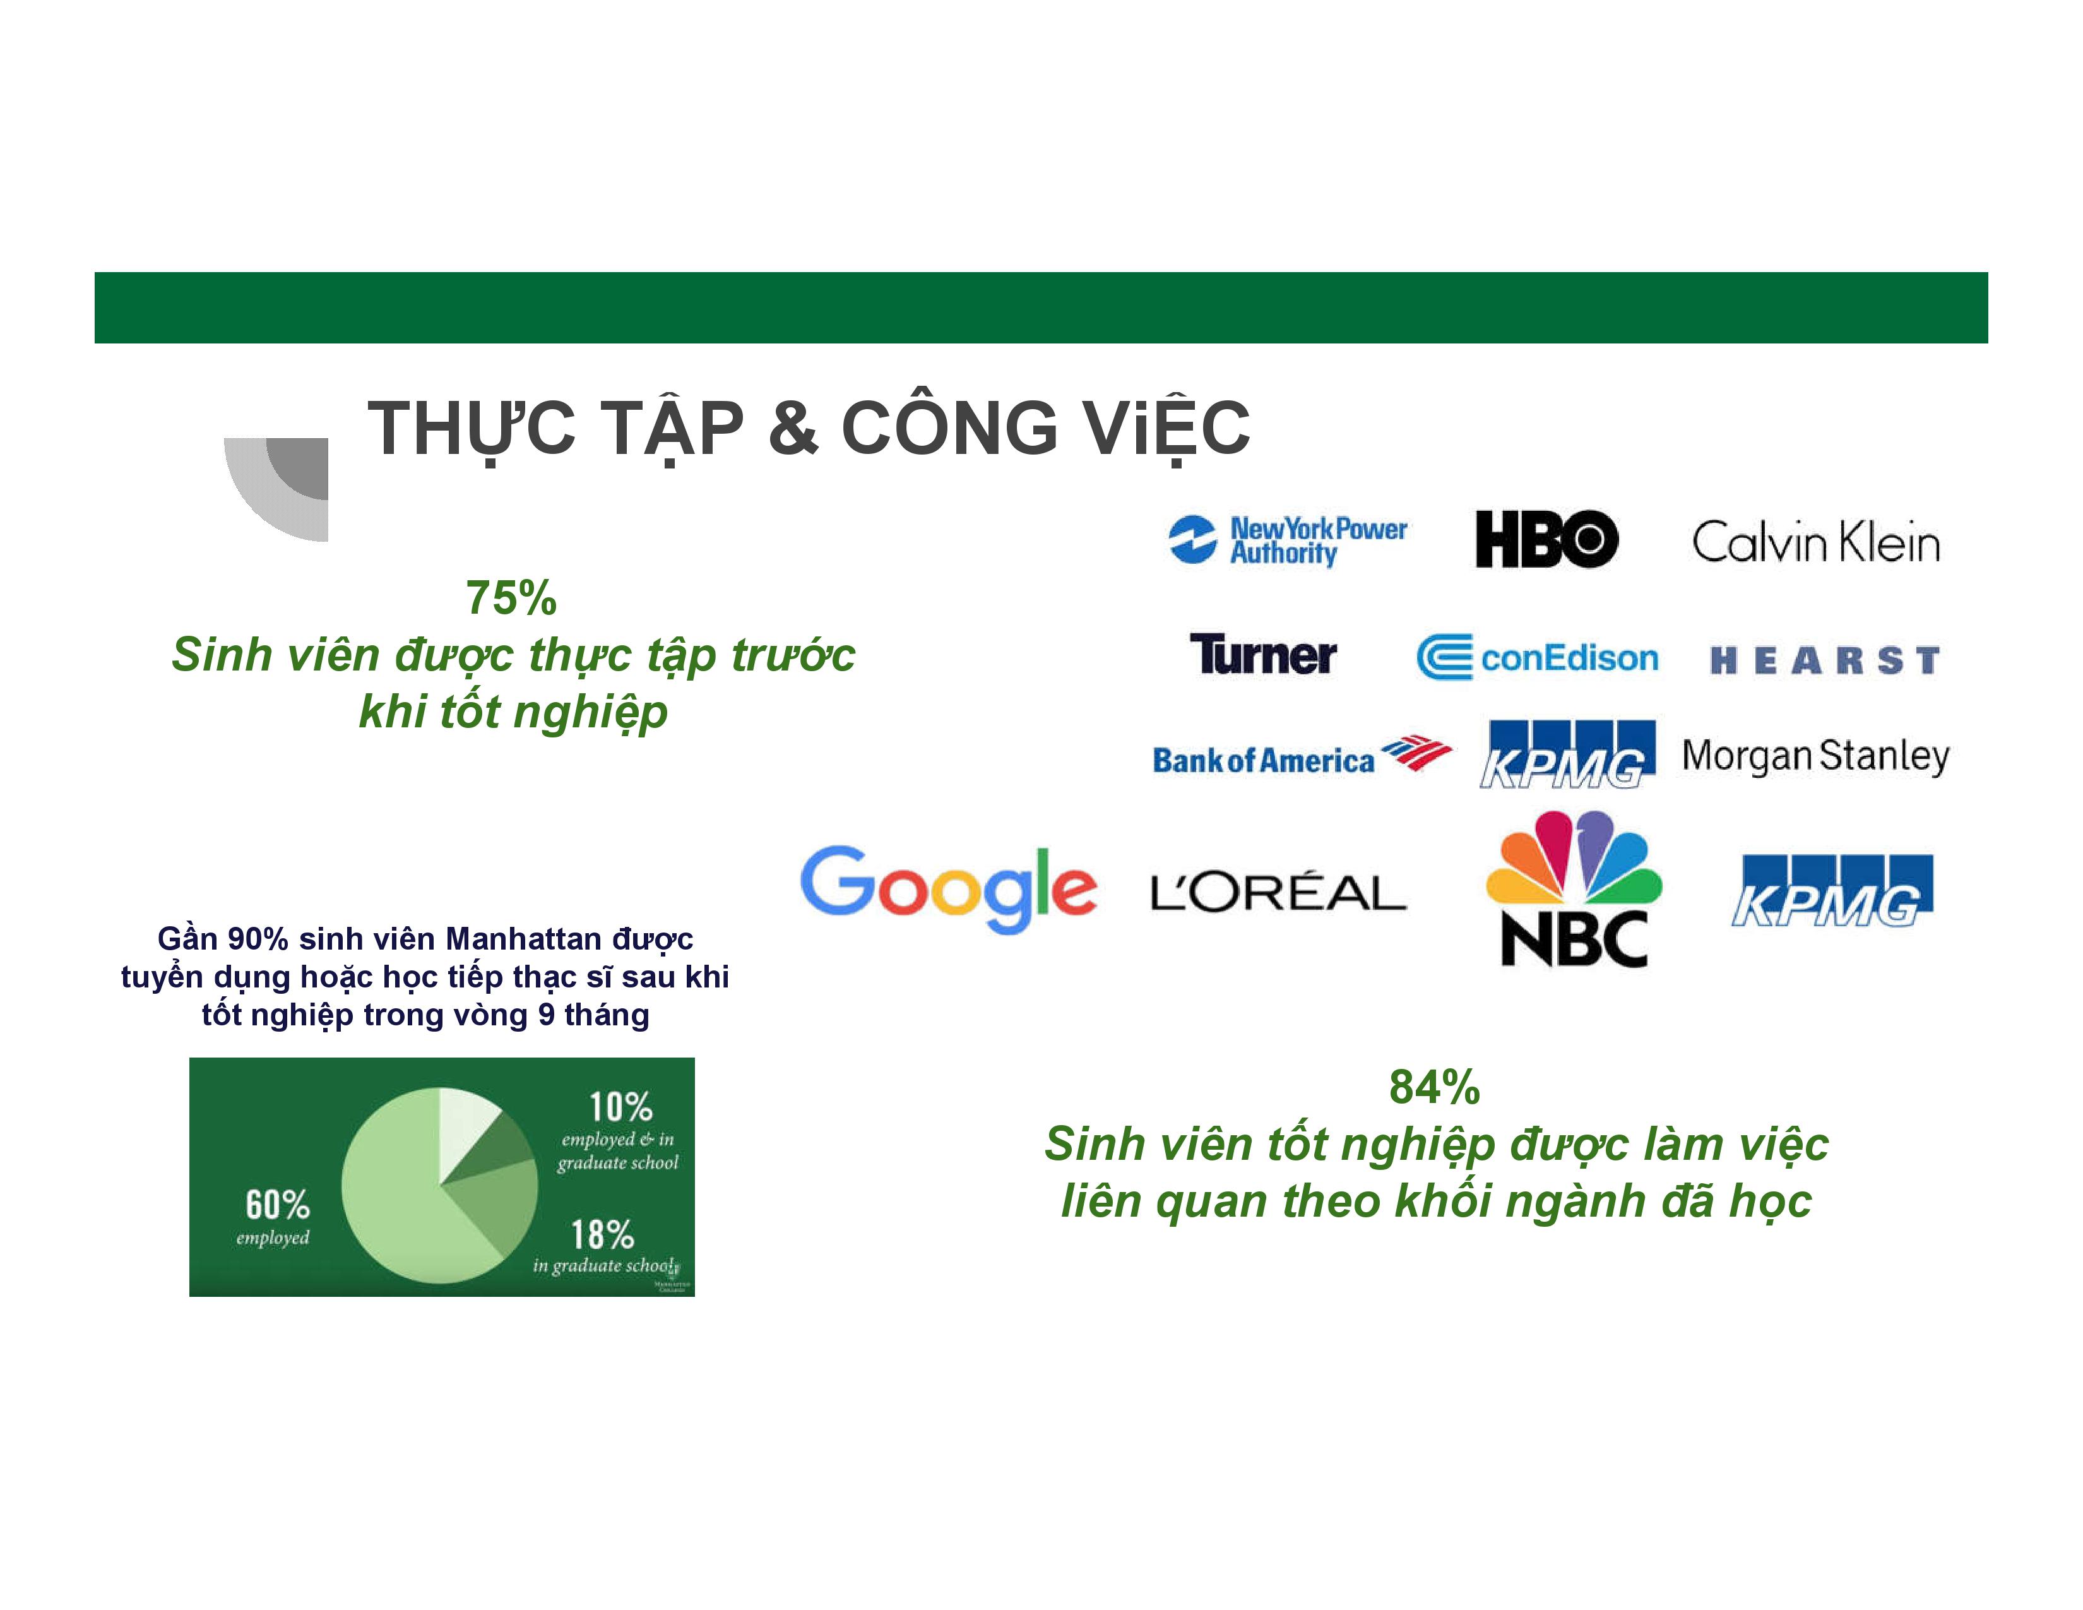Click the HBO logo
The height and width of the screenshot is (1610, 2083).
[x=1546, y=539]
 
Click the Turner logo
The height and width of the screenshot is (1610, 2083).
[x=1263, y=654]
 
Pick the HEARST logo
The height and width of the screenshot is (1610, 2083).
[x=1825, y=660]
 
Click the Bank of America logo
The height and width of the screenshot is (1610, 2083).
[x=1302, y=755]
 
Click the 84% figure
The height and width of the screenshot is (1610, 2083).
[x=1435, y=1087]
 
